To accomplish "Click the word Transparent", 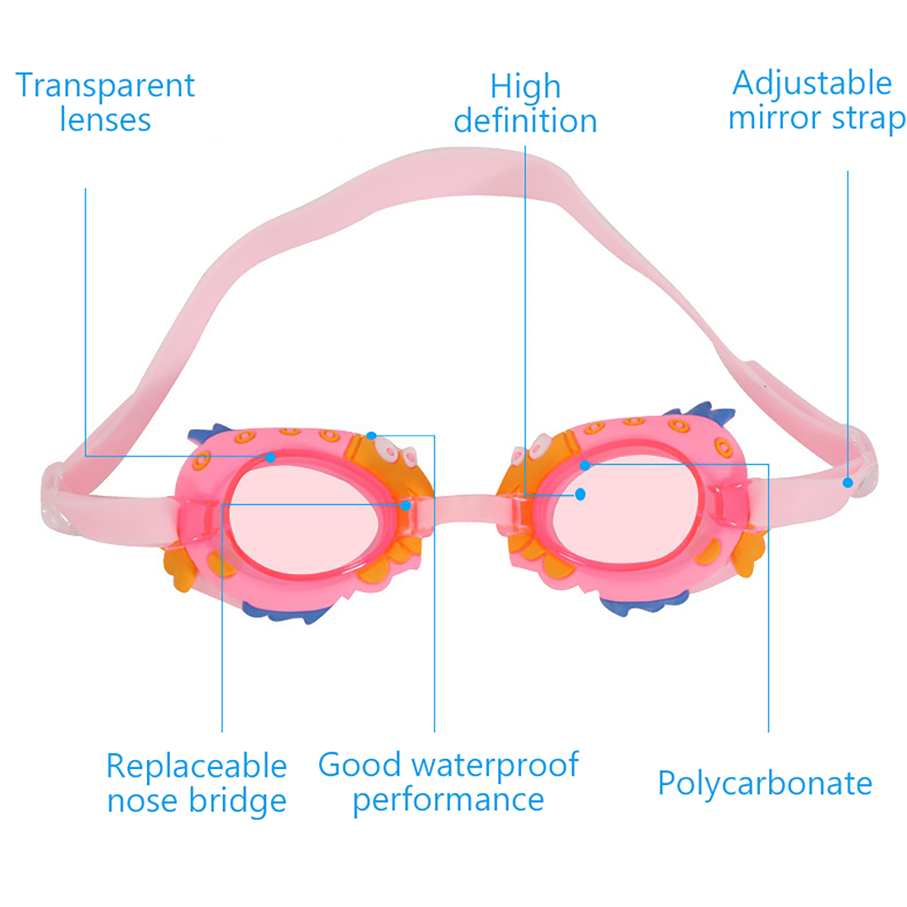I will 105,86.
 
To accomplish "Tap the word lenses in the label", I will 105,120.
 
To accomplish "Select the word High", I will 525,87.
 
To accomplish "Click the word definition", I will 525,121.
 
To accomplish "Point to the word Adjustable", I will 812,83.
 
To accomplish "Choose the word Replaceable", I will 196,766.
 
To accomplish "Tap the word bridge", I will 238,802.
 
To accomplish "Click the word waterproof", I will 495,765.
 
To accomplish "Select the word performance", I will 448,800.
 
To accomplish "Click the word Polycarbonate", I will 765,784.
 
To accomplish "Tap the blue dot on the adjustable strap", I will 847,482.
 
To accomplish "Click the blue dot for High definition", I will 580,494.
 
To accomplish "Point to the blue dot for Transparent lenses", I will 271,457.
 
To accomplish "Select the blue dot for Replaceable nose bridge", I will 406,505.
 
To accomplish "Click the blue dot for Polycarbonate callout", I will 585,465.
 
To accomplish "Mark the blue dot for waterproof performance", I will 371,435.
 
